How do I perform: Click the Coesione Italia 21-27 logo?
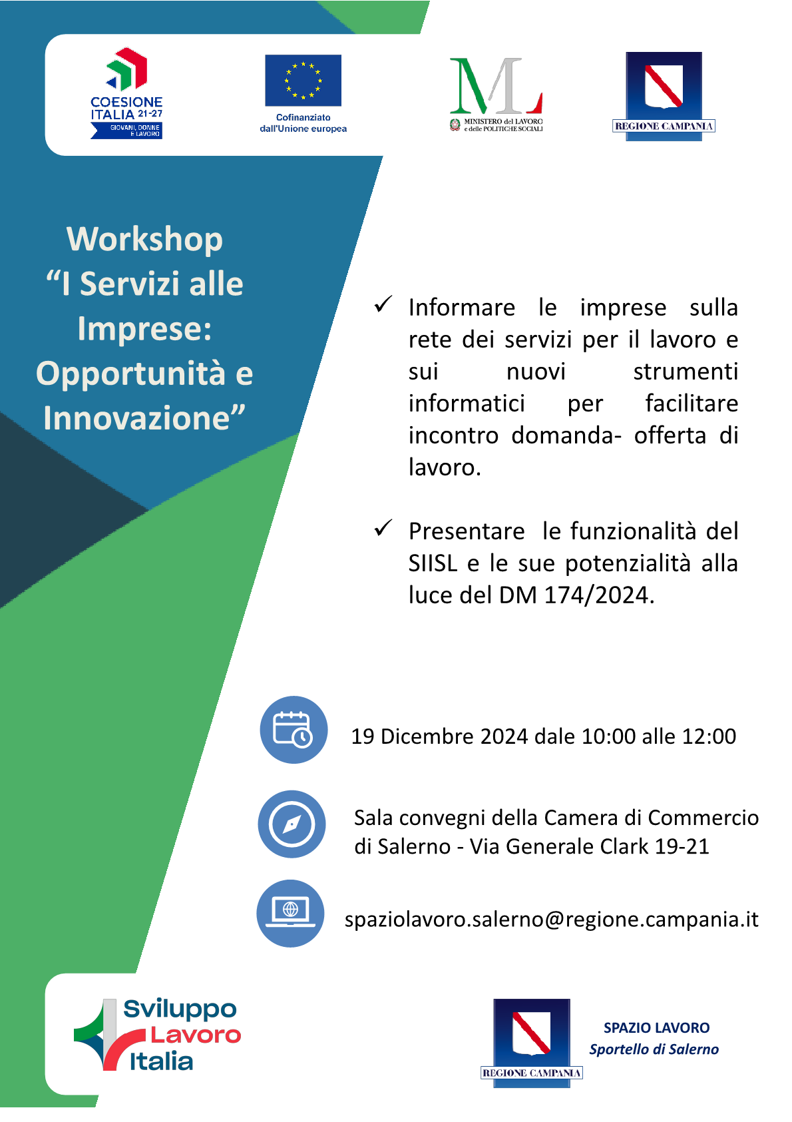point(126,93)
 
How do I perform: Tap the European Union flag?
point(303,80)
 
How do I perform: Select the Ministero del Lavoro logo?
point(496,95)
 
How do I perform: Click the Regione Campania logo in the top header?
point(664,96)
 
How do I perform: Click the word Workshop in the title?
point(144,240)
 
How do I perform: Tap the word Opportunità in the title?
point(130,374)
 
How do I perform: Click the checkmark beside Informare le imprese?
point(383,304)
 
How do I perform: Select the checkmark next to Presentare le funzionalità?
point(383,528)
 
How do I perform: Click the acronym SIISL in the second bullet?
point(433,563)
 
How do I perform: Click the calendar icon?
point(294,730)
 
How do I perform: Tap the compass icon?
point(292,824)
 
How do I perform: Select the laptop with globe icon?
point(290,914)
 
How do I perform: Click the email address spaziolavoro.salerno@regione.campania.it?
point(552,920)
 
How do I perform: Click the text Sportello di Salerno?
point(654,1049)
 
